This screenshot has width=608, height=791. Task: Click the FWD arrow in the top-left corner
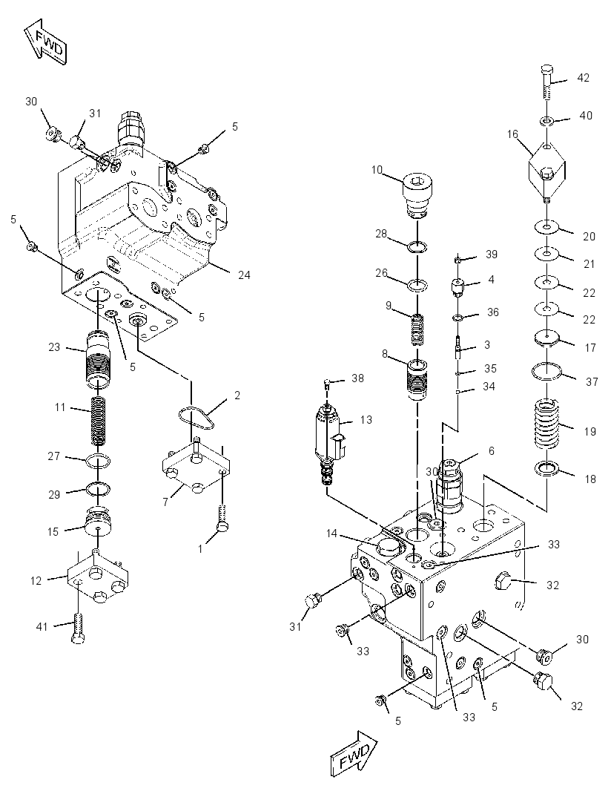pos(45,42)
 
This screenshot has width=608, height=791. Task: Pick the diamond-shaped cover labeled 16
pos(548,169)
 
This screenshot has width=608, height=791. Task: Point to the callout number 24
pos(244,275)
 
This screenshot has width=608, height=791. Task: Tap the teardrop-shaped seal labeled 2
pos(196,417)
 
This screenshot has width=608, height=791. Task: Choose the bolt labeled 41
pos(78,628)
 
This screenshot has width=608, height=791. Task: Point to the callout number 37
pos(592,382)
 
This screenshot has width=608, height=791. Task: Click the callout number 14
pos(331,534)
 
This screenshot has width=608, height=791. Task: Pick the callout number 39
pos(492,255)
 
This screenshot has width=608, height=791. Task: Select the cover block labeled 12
pos(97,577)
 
